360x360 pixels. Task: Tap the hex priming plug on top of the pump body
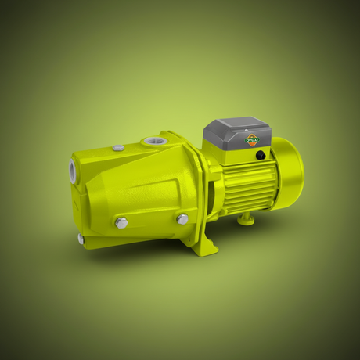[x=118, y=147]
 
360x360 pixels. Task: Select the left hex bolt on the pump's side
[x=121, y=223]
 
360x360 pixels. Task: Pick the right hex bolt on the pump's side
[x=182, y=219]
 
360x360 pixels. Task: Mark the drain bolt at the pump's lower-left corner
[x=80, y=238]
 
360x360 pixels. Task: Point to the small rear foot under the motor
[x=247, y=218]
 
